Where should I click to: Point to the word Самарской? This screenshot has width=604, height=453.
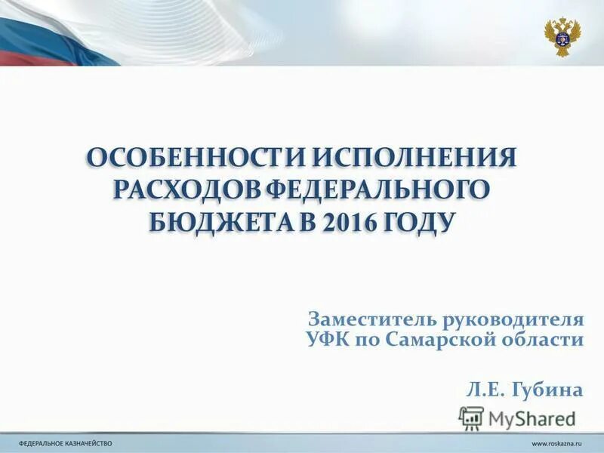[x=440, y=339]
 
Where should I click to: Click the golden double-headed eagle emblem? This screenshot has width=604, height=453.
[x=562, y=36]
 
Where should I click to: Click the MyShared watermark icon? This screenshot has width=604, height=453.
[x=471, y=418]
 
